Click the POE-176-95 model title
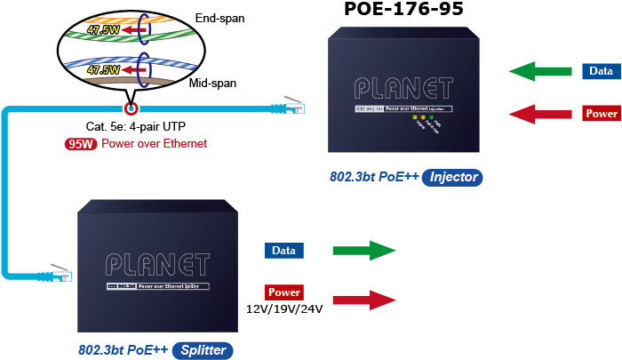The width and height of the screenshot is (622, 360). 405,11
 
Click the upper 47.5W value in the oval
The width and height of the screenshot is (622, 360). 104,28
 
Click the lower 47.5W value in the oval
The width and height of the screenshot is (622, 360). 104,68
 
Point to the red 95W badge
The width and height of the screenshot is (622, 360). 81,143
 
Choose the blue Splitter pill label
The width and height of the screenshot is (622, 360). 203,350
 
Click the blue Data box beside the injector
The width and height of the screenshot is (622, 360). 602,71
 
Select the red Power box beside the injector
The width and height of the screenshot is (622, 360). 602,114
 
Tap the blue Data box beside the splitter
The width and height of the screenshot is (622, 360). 284,251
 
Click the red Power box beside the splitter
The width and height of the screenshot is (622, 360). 284,292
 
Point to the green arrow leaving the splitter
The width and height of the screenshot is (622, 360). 363,252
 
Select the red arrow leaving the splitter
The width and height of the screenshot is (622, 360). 363,300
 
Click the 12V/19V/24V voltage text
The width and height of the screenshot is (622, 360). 284,309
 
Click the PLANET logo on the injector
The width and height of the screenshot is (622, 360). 402,87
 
